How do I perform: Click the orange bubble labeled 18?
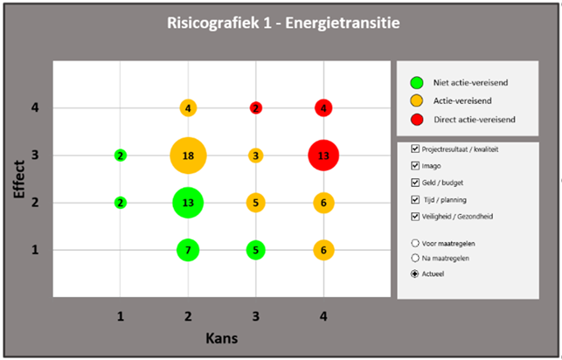coord(188,156)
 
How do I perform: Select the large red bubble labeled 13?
coord(323,156)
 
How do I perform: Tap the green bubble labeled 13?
coord(188,203)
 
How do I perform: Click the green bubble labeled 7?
coord(188,250)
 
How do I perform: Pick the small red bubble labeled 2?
coord(255,108)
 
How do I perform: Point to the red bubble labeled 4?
coord(323,108)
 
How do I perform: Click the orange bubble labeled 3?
coord(255,156)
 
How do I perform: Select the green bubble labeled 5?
coord(255,250)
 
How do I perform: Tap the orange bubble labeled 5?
coord(255,203)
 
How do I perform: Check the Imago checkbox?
coord(414,166)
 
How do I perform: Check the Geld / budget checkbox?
coord(414,183)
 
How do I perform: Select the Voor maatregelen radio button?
coord(414,242)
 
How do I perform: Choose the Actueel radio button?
coord(414,274)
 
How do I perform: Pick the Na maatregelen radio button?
coord(414,258)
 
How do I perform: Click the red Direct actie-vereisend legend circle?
coord(418,117)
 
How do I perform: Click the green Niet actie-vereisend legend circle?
coord(418,83)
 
